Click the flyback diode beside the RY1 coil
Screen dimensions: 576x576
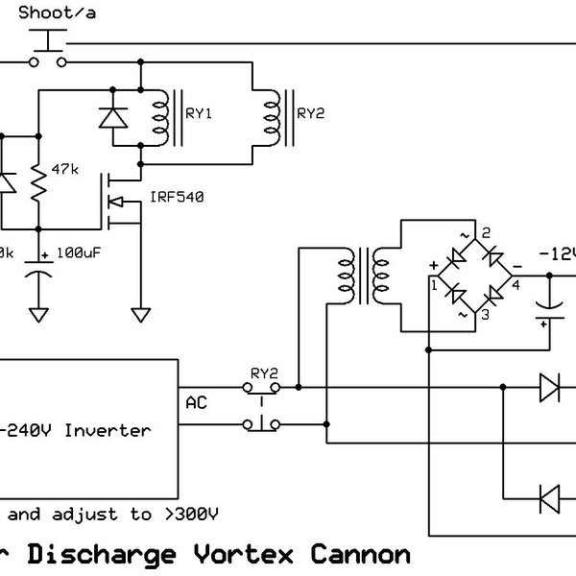point(113,116)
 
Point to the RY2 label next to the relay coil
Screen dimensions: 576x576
point(311,112)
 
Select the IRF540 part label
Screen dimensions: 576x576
point(177,198)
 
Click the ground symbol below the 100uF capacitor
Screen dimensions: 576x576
point(39,313)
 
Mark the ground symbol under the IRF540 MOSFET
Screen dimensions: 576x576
point(142,313)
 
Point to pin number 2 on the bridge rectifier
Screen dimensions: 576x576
point(486,233)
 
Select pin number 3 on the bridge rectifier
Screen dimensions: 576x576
point(486,315)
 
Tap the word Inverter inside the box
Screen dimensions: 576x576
point(107,430)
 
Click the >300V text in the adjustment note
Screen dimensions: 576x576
point(188,514)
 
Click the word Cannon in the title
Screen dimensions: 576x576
point(362,554)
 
